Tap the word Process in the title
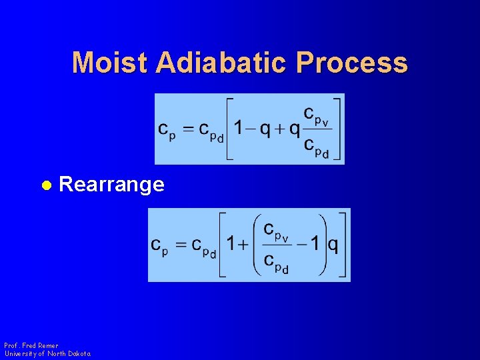click(x=352, y=63)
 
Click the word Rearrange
click(x=111, y=185)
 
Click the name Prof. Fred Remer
click(x=31, y=345)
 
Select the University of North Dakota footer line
click(x=47, y=353)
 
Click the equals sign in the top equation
click(x=189, y=129)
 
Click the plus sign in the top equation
click(x=280, y=129)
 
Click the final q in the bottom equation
click(x=332, y=245)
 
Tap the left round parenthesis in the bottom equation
click(x=257, y=245)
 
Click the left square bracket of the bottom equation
click(x=223, y=245)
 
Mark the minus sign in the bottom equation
click(x=303, y=245)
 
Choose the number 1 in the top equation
click(x=238, y=129)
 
